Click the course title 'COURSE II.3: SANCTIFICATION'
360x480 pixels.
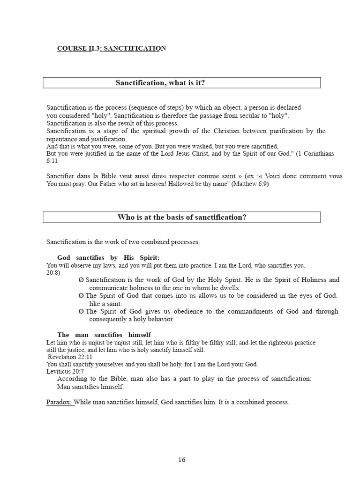click(112, 48)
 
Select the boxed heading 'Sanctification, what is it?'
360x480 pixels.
click(160, 83)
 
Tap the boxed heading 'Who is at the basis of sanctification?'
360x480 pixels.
click(181, 217)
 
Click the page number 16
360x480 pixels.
click(181, 460)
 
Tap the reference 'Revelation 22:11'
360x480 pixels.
click(68, 357)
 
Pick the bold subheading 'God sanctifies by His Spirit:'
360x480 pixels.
click(108, 258)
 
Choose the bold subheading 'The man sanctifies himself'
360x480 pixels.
click(104, 335)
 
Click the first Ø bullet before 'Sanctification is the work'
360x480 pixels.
click(82, 280)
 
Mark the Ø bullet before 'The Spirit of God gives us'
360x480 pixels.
click(82, 312)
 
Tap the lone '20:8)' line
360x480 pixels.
click(53, 272)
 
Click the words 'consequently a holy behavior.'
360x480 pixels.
click(131, 319)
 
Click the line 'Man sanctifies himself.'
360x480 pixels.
click(90, 387)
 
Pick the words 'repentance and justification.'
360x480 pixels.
click(86, 139)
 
